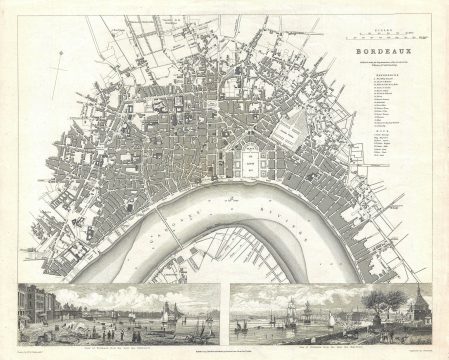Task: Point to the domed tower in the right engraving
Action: [417, 301]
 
